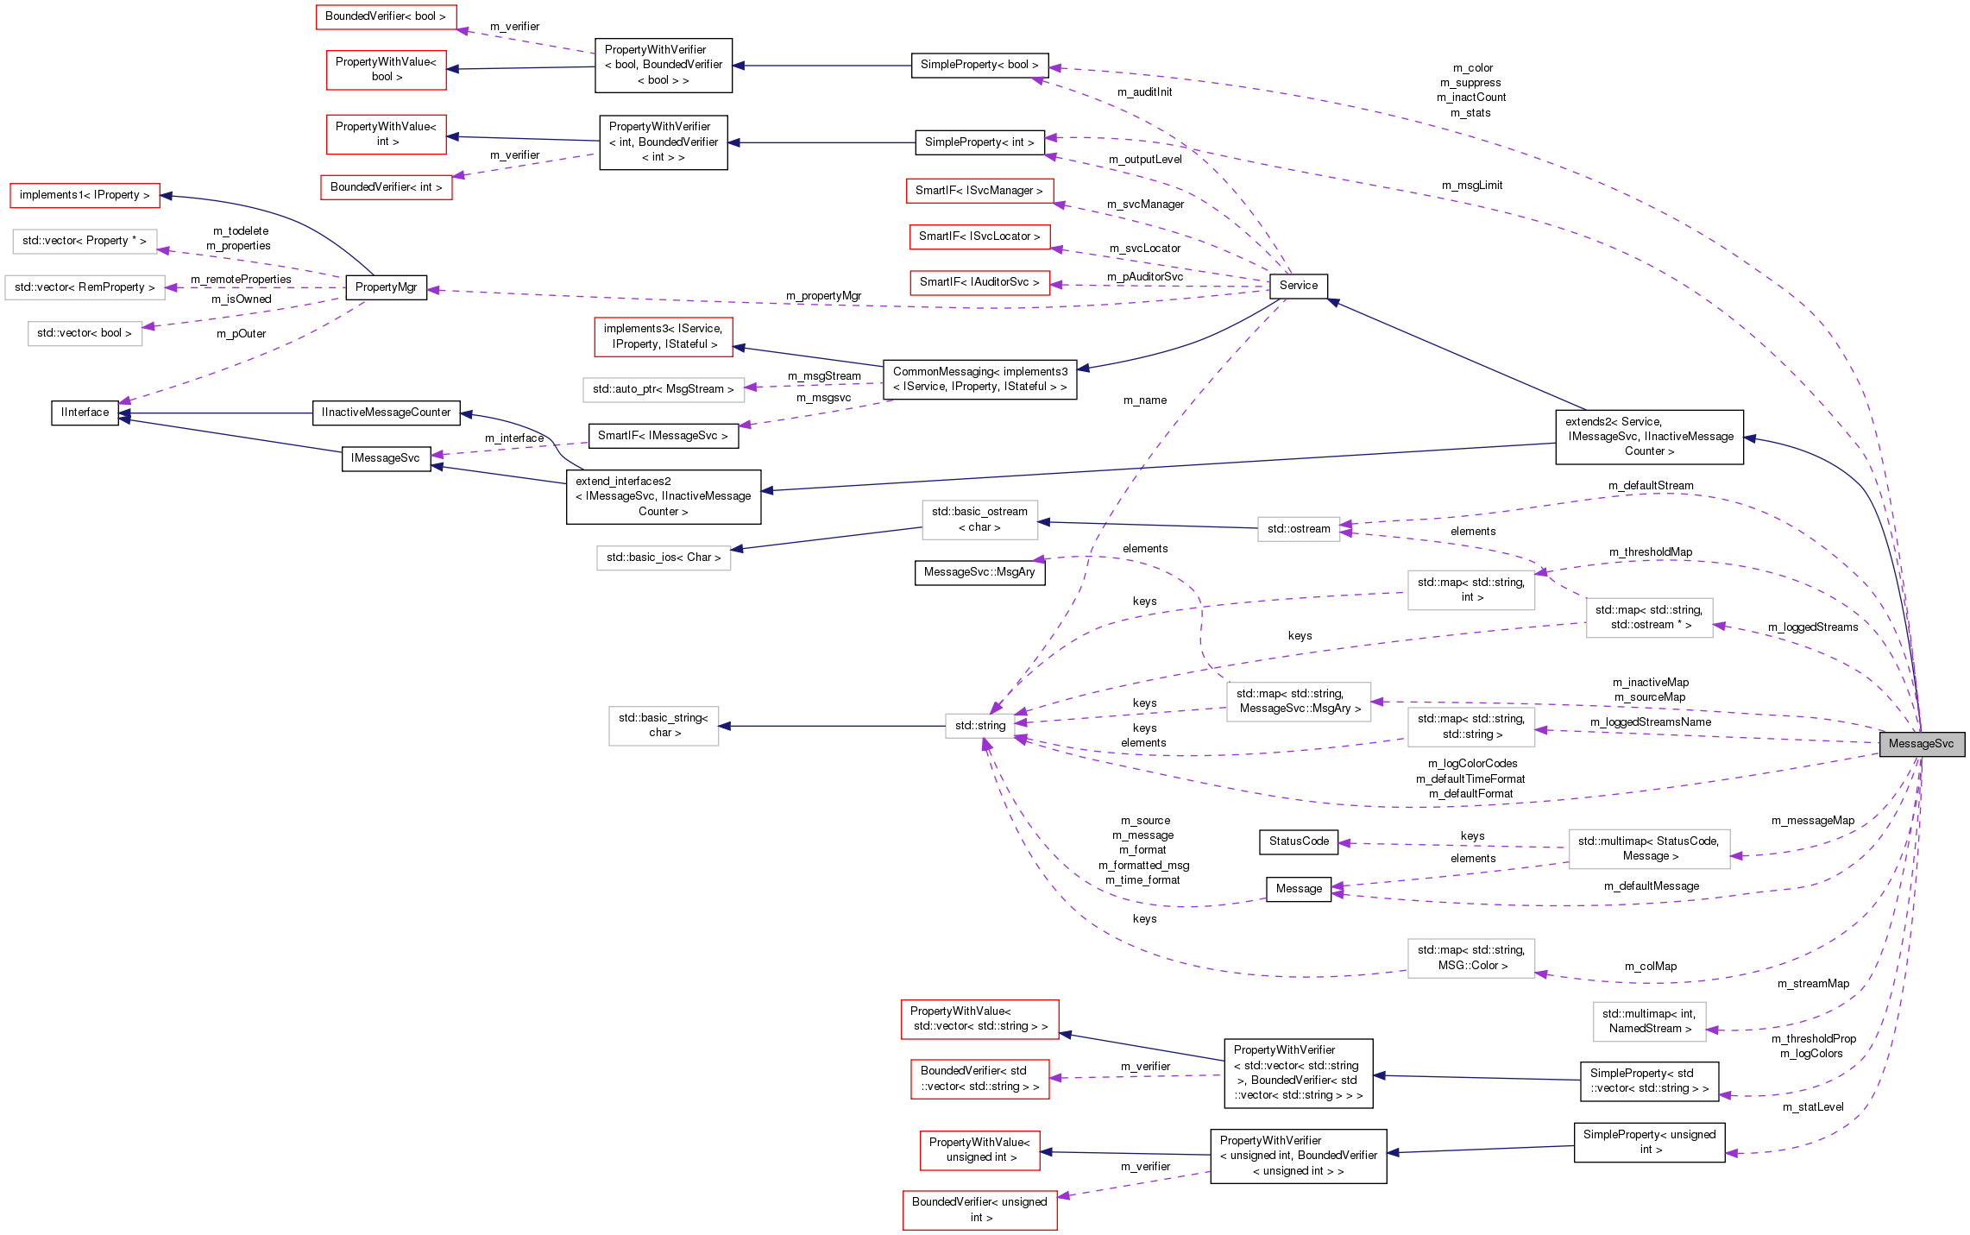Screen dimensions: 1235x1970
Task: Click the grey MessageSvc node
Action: (x=1921, y=744)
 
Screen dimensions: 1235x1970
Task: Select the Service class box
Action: (x=1298, y=286)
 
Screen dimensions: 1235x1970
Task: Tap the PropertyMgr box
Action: (x=386, y=287)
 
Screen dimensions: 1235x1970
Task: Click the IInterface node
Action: (x=85, y=413)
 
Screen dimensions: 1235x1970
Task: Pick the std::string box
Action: (x=980, y=726)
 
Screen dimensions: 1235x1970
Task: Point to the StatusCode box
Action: (x=1298, y=841)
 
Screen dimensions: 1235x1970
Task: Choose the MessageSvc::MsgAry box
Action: (x=979, y=572)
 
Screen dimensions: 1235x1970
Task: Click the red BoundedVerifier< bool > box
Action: (x=386, y=16)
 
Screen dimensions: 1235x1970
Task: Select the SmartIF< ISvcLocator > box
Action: (x=979, y=236)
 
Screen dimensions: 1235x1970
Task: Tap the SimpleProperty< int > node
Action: (x=979, y=142)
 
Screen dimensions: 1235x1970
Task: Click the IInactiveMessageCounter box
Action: (x=386, y=413)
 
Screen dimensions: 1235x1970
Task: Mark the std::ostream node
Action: (x=1298, y=529)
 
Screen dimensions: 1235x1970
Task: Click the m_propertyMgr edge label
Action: (x=823, y=296)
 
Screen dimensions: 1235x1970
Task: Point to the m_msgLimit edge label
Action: (x=1471, y=186)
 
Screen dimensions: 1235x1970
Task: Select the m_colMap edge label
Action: (x=1651, y=967)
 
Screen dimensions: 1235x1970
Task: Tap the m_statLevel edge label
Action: (x=1813, y=1107)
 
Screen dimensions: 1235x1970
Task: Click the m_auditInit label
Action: (x=1144, y=92)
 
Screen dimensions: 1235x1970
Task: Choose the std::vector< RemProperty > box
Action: (x=85, y=287)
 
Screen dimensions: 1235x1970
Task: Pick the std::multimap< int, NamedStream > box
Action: (x=1648, y=1021)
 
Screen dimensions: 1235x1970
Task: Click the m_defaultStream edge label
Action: (x=1651, y=486)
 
